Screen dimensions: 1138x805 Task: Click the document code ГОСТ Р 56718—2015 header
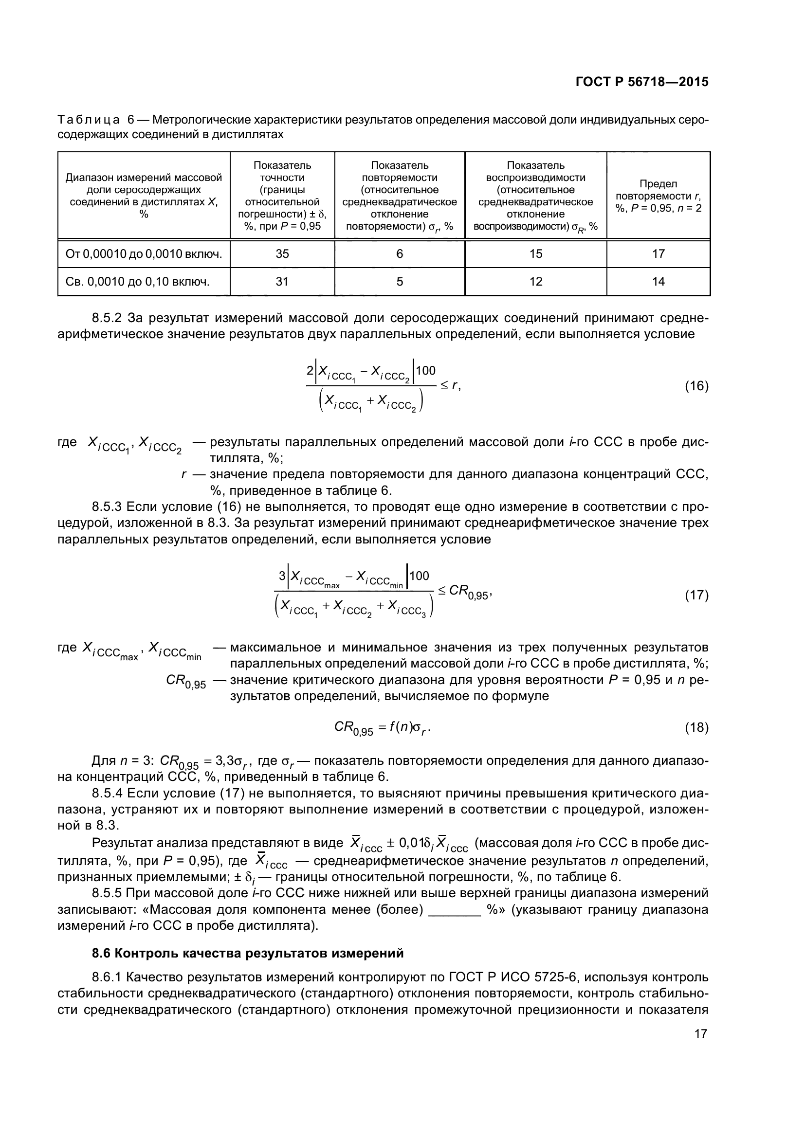tap(641, 82)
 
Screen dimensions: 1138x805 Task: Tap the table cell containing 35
tap(282, 254)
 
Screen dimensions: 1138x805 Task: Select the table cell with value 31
tap(282, 282)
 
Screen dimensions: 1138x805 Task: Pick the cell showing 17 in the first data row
tap(659, 254)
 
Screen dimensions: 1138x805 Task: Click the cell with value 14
tap(659, 282)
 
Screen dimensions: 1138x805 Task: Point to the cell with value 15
tap(535, 254)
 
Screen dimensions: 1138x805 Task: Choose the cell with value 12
tap(535, 282)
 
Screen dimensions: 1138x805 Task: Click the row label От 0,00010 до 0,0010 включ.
tap(144, 254)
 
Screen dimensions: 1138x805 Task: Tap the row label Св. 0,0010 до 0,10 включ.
tap(138, 282)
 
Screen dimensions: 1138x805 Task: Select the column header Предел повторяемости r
tap(659, 196)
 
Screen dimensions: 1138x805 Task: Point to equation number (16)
tap(696, 386)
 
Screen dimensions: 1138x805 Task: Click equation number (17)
tap(696, 595)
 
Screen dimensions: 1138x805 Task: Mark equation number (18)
tap(696, 727)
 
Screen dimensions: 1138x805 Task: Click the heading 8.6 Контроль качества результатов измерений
tap(248, 953)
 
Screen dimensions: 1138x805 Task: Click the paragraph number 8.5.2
tap(107, 318)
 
